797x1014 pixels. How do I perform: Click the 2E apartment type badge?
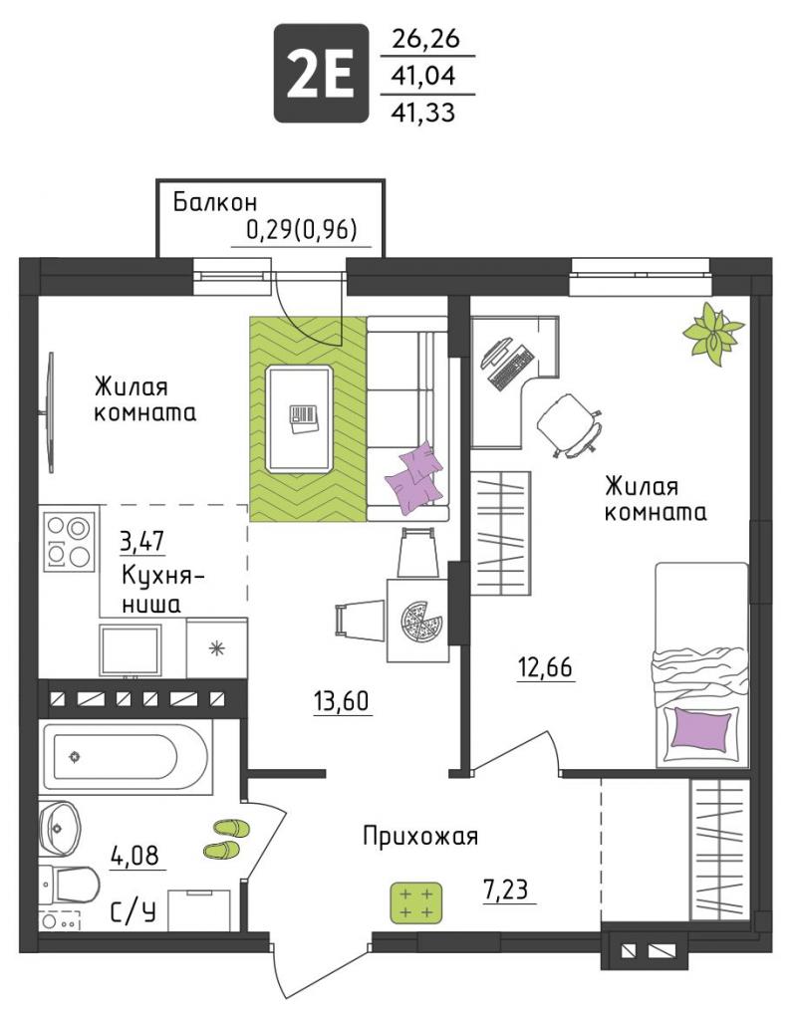(x=321, y=73)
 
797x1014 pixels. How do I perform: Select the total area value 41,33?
(x=423, y=113)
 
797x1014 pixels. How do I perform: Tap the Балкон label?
(x=215, y=202)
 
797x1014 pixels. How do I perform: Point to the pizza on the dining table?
(x=422, y=622)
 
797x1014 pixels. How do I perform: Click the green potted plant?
(x=713, y=333)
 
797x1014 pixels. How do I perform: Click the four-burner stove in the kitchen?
(x=69, y=540)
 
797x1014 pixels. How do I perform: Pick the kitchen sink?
(x=131, y=649)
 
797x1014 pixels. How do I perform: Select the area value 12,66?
(x=545, y=666)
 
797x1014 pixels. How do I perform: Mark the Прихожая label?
(x=420, y=836)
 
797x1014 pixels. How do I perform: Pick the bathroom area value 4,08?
(x=135, y=856)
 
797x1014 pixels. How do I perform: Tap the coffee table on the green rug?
(x=300, y=417)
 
